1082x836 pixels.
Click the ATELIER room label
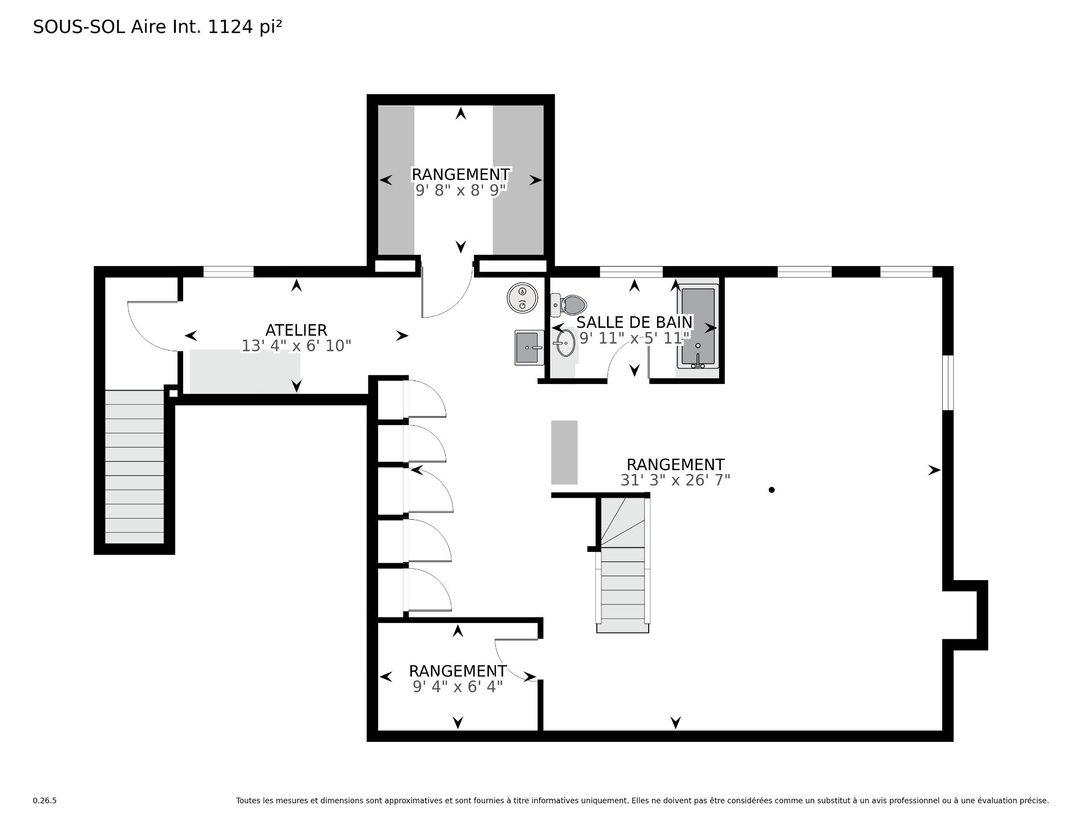tap(296, 330)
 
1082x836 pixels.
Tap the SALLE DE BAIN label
tap(635, 322)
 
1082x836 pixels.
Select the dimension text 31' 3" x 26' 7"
tap(675, 480)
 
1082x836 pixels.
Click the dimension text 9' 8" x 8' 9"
tap(460, 191)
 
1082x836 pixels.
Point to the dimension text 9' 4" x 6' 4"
tap(458, 687)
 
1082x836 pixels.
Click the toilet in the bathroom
tap(569, 305)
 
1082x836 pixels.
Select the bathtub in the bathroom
tap(698, 327)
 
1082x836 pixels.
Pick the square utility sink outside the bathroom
tap(529, 348)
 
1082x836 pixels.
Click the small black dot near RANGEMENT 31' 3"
tap(771, 490)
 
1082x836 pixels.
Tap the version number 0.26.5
tap(45, 800)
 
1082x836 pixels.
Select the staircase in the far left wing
tap(134, 467)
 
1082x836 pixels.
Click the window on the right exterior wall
tap(948, 383)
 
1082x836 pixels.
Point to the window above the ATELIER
tap(228, 272)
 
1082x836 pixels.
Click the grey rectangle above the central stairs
tap(564, 452)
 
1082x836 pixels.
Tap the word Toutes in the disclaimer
tap(247, 800)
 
